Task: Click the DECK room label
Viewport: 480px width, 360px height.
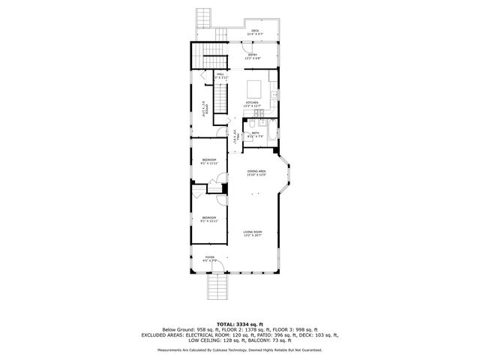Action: [255, 32]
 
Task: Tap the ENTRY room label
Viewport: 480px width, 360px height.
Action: [253, 55]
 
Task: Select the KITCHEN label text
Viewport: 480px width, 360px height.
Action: [252, 103]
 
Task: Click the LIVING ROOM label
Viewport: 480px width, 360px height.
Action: [252, 233]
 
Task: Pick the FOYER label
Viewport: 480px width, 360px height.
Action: [210, 258]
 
